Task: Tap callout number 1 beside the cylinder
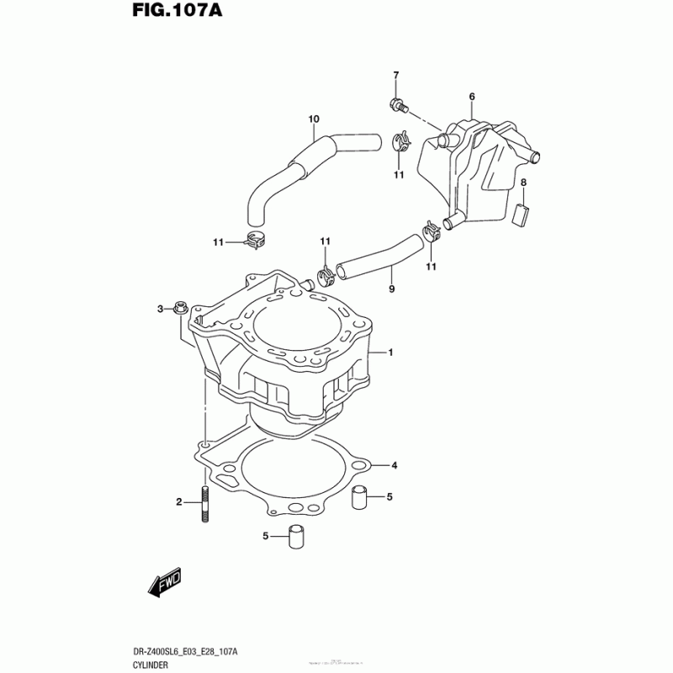click(390, 352)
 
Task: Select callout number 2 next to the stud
click(178, 502)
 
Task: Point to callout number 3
click(161, 310)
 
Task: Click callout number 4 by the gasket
click(394, 465)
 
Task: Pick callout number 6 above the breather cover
click(472, 98)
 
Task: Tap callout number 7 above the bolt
click(395, 77)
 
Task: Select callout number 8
click(522, 183)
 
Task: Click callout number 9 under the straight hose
click(391, 289)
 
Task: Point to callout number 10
click(313, 119)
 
